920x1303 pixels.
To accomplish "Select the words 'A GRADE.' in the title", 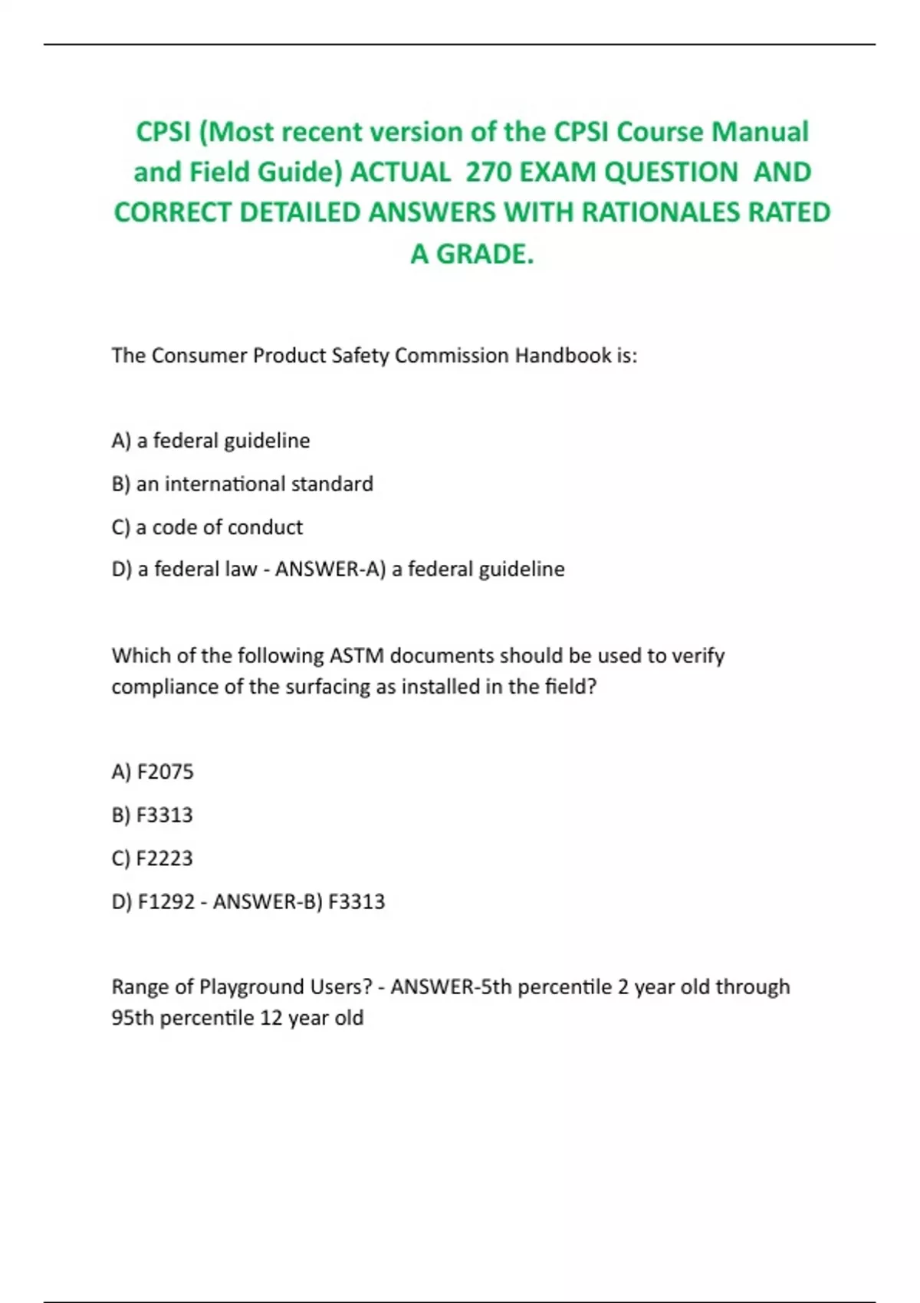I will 472,253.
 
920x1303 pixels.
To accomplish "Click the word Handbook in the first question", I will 563,356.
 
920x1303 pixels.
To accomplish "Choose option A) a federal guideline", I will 211,441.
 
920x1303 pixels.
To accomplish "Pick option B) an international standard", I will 242,484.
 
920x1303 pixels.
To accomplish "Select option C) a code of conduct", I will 207,527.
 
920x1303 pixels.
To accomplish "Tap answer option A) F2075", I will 153,771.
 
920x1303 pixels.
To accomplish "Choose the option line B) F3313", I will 153,815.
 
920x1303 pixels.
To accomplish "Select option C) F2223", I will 153,858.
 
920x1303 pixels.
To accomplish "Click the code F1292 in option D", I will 166,901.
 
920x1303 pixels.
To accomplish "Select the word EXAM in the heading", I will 558,172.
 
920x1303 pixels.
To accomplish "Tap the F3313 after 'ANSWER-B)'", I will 356,901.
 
